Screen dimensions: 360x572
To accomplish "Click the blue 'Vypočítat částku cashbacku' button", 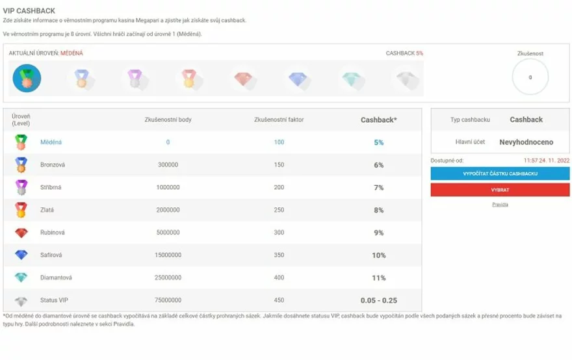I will [x=491, y=174].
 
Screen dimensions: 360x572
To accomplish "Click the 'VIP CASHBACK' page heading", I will [x=29, y=11].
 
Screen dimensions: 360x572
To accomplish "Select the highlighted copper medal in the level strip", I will [x=27, y=79].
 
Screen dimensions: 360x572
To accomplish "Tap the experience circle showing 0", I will [x=530, y=77].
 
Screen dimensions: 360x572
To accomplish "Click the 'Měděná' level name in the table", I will [x=51, y=142].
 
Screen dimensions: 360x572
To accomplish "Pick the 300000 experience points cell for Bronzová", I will [x=168, y=165].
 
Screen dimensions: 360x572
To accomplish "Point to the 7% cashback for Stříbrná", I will [x=379, y=188].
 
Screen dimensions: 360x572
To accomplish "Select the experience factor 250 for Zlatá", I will [x=279, y=210].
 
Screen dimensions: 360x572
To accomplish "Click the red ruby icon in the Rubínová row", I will [x=22, y=233].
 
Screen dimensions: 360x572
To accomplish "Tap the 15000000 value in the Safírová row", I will [x=168, y=255].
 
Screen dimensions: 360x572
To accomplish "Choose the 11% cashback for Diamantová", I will [x=379, y=277].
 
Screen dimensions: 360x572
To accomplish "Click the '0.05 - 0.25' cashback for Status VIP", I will [x=379, y=300].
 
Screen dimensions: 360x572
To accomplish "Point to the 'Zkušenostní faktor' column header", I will [x=279, y=120].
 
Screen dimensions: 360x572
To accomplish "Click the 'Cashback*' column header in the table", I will [x=379, y=120].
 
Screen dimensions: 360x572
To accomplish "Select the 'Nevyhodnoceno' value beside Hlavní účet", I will [x=525, y=141].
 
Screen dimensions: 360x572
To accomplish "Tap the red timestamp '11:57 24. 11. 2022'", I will [x=529, y=159].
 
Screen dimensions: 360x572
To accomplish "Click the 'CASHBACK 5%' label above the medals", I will [x=404, y=53].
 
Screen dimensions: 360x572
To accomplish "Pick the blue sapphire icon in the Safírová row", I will [x=22, y=255].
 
